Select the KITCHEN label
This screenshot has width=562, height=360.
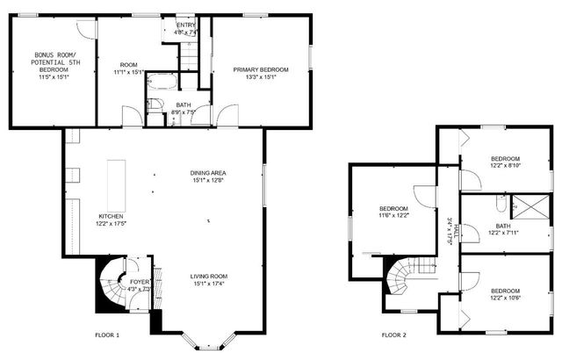(x=110, y=216)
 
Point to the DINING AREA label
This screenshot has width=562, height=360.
(x=209, y=173)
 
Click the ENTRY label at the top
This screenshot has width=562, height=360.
(x=186, y=25)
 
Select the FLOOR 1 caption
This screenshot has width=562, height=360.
(x=107, y=335)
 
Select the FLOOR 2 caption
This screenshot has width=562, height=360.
(x=393, y=335)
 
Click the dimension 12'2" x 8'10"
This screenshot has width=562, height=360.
(x=505, y=164)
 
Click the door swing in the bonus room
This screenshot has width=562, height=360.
(x=85, y=28)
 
